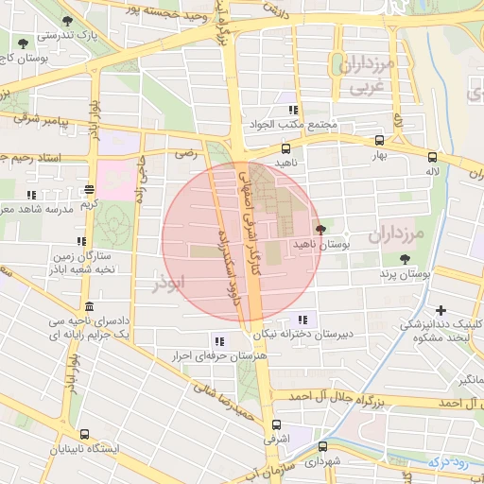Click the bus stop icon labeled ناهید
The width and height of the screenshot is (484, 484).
tap(286, 148)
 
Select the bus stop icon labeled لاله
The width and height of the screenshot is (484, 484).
tap(432, 158)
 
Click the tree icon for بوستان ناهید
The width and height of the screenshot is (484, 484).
tap(320, 230)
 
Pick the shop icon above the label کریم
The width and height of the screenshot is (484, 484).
tap(89, 190)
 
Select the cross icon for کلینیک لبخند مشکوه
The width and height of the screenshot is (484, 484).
tap(441, 310)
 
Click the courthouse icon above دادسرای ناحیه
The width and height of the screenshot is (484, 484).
tap(89, 307)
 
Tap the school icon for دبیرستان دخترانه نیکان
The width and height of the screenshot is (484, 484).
tap(302, 320)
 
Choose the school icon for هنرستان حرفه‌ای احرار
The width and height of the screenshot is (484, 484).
tap(219, 341)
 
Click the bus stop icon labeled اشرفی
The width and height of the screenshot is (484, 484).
tap(276, 425)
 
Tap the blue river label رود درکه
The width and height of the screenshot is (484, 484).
tap(449, 462)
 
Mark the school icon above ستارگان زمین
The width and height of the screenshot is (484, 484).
tap(81, 242)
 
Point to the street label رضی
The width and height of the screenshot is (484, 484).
tap(185, 151)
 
